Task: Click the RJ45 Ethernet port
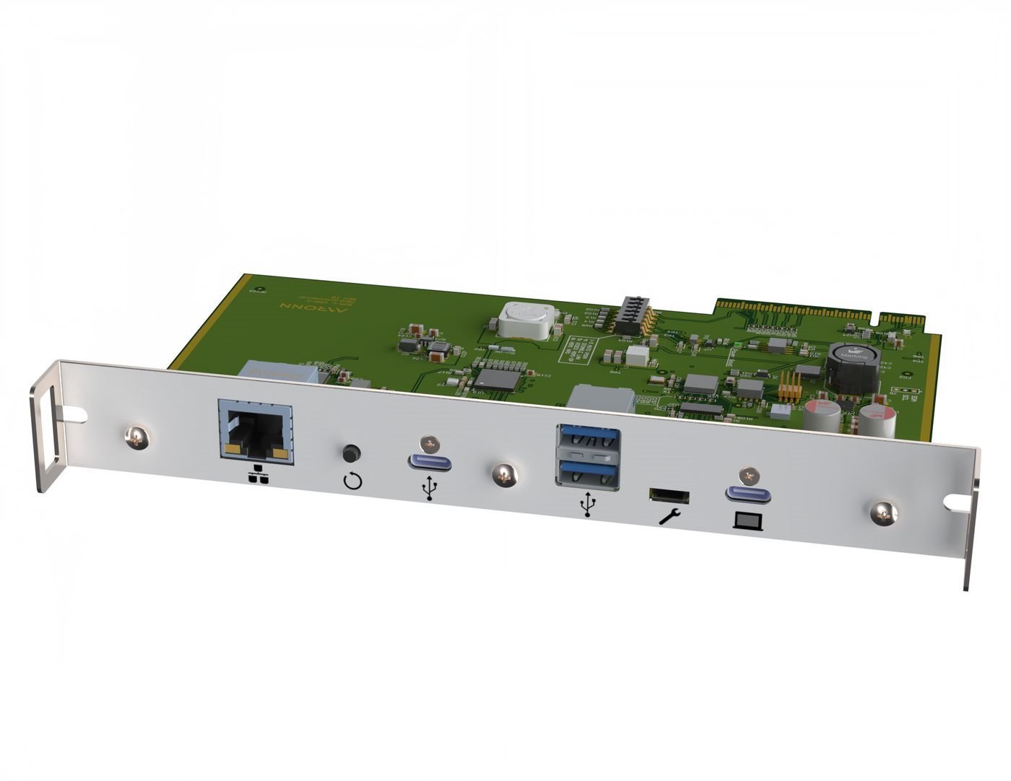(254, 432)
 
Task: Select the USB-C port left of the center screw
(430, 462)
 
